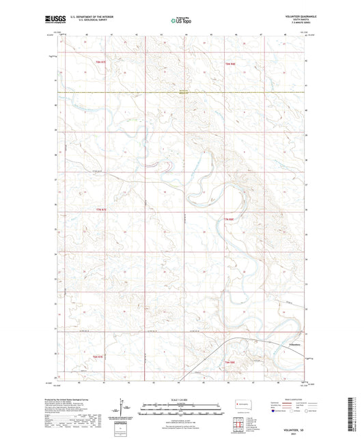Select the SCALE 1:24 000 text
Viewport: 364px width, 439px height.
tap(181, 399)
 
